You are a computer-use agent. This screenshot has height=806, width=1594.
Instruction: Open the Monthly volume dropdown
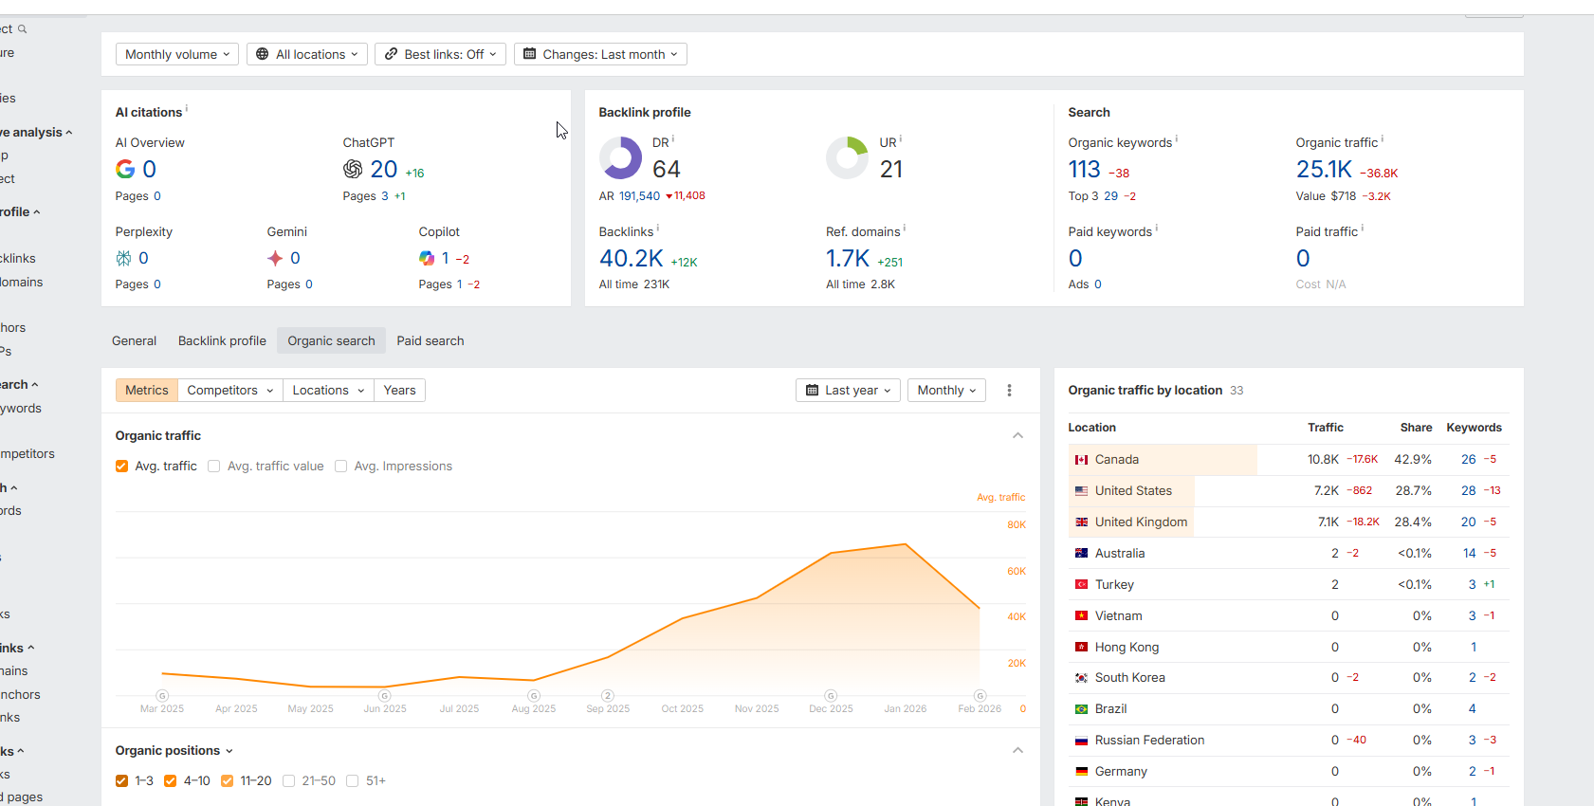(177, 54)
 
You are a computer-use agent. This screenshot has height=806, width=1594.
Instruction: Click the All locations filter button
(307, 54)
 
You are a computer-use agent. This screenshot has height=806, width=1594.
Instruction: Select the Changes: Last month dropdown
(600, 54)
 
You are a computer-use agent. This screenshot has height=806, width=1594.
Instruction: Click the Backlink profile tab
(222, 341)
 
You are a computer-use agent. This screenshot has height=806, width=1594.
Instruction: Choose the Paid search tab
(431, 341)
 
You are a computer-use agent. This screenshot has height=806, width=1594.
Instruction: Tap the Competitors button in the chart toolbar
(229, 391)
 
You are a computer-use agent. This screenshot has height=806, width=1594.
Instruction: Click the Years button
(399, 391)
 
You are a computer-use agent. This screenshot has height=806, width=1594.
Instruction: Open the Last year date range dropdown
(848, 391)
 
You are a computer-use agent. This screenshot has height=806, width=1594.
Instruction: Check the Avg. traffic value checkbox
(214, 467)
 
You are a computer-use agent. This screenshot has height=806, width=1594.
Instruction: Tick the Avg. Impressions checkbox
(341, 467)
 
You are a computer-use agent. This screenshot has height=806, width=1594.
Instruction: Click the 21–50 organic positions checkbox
(289, 781)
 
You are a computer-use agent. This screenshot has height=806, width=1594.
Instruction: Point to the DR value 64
(667, 170)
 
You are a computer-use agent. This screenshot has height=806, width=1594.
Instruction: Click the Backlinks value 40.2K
(632, 259)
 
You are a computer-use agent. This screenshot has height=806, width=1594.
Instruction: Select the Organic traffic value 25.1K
(1324, 170)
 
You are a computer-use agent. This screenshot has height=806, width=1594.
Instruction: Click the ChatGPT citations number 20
(384, 170)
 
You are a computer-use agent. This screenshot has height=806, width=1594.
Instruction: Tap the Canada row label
(1116, 460)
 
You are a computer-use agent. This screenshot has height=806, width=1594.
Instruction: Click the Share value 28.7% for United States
(1413, 491)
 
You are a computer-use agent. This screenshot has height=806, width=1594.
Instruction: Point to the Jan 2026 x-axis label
(906, 709)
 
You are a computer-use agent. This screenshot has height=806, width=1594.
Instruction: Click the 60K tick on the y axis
(1017, 572)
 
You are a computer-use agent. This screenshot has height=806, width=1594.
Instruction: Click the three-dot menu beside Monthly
(1009, 391)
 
